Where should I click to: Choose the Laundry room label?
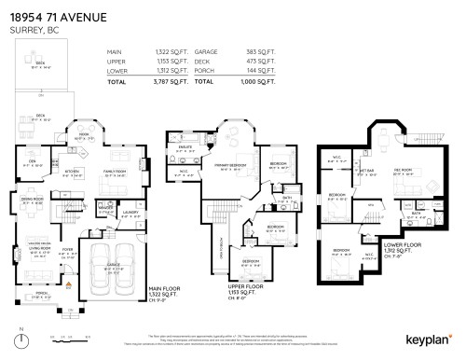[x=130, y=214]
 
